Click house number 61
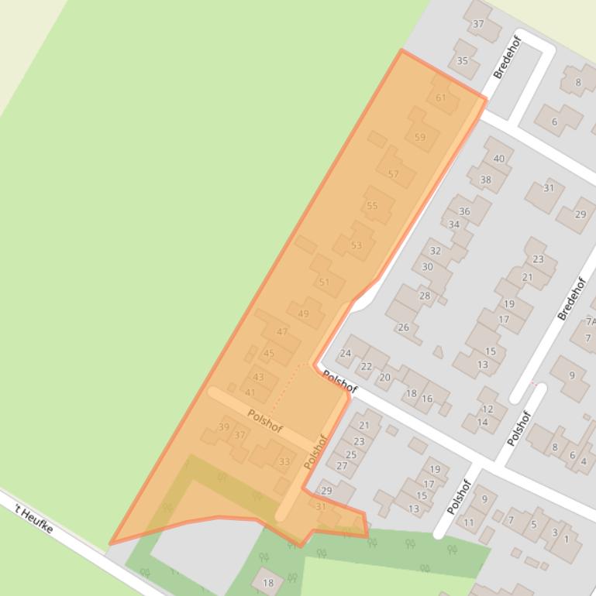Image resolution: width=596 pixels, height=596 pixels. pos(441,98)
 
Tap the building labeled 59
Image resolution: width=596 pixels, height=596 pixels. pos(420,137)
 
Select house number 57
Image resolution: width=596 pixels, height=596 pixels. pos(394,173)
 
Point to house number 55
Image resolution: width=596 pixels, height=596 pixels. pos(373,205)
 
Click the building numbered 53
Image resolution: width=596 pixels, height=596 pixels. pos(357,245)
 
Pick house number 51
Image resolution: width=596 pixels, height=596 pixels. pos(324,282)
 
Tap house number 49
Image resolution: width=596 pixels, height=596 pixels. pos(303,313)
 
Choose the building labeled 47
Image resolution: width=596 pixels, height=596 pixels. pos(282,331)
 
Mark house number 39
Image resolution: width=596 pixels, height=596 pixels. pos(224,426)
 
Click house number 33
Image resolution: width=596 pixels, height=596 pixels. pos(284,462)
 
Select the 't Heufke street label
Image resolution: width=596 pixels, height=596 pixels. pos(34,517)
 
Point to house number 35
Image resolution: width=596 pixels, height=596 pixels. pos(463,61)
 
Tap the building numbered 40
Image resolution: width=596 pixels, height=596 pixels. pos(498,159)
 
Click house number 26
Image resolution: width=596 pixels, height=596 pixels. pos(403,327)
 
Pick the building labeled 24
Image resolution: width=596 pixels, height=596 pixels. pos(346,353)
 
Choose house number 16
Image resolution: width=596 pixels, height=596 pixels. pos(427,399)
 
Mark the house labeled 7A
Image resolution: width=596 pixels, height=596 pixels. pos(591,321)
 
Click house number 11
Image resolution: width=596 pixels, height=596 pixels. pos(469,522)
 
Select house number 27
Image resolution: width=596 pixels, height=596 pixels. pos(342,465)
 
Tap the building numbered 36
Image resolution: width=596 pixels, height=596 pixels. pos(464,211)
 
